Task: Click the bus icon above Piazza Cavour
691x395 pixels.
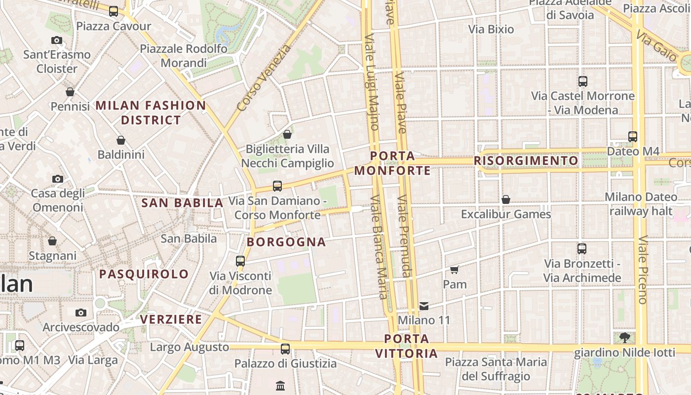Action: coord(114,11)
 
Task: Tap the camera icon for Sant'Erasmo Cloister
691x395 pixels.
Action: coord(57,40)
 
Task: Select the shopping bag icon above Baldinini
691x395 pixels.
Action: coord(121,140)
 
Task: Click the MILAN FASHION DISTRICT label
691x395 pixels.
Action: coord(151,113)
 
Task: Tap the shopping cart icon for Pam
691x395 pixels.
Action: coord(455,270)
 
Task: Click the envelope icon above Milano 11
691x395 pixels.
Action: coord(424,306)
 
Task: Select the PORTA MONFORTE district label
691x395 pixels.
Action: coord(393,163)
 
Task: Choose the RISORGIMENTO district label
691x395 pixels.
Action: coord(526,161)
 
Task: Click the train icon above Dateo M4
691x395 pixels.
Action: coord(633,137)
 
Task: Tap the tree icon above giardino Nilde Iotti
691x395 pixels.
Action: coord(624,338)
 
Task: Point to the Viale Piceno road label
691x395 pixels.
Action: coord(642,270)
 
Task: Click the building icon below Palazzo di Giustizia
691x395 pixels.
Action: coord(280,385)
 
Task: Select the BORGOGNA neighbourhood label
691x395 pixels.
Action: coord(286,242)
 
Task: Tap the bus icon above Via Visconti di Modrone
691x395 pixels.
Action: coord(240,261)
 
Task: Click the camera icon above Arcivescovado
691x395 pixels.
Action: coord(81,313)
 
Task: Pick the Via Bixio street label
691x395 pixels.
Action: coord(491,29)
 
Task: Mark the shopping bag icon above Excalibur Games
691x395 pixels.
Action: coord(506,199)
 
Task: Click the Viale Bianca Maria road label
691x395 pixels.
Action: coord(378,247)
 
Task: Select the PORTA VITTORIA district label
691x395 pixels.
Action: coord(407,346)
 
